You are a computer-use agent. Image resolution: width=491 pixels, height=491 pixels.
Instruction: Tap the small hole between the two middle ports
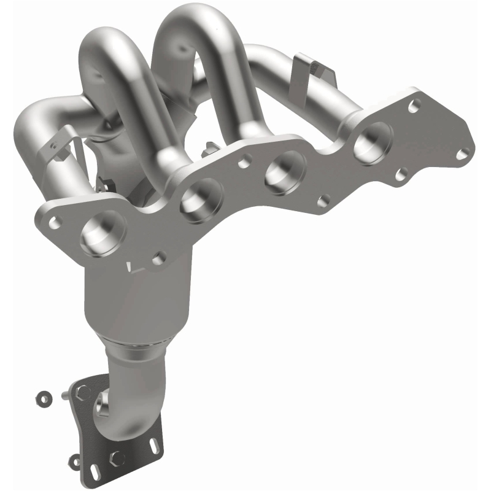pyautogui.click(x=244, y=162)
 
